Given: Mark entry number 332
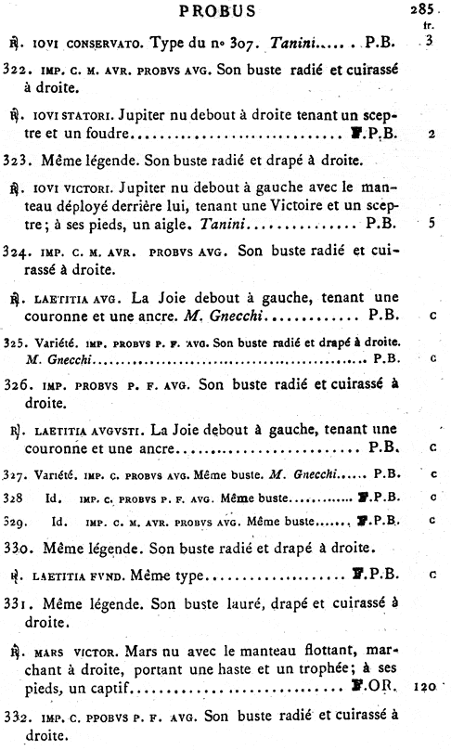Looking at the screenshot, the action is pyautogui.click(x=17, y=717).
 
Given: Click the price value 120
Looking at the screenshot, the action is pyautogui.click(x=426, y=688).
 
